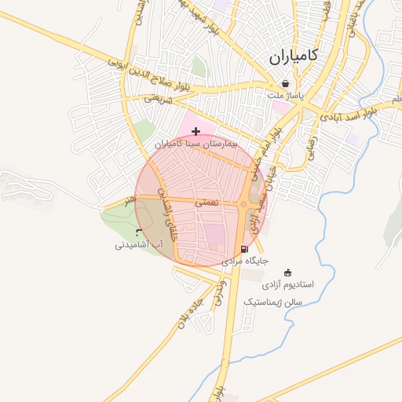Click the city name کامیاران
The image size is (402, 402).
tap(293, 57)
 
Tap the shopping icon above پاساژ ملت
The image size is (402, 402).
tap(284, 83)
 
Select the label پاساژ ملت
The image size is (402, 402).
tap(284, 95)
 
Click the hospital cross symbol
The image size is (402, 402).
tap(196, 131)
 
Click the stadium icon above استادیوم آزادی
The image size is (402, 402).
tap(287, 272)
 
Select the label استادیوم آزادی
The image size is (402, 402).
tap(287, 283)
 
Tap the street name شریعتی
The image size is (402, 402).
tap(157, 98)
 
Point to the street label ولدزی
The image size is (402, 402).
tap(218, 293)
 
